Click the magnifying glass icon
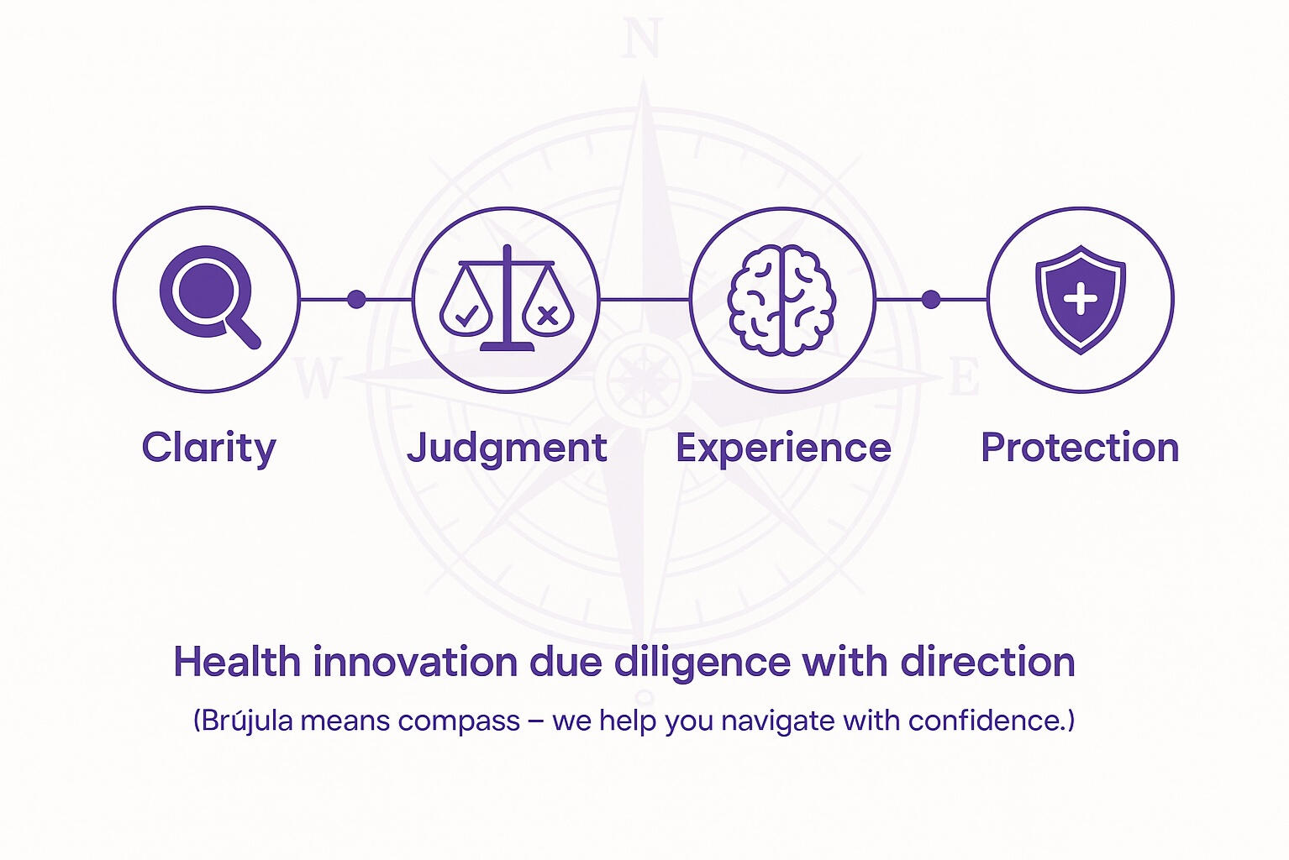208,296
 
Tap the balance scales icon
507,298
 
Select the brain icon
781,300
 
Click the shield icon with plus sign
1081,300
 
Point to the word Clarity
209,448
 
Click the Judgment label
507,448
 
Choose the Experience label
783,448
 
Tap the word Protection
1080,448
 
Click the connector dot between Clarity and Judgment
356,299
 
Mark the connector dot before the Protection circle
930,299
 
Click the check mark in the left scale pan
466,316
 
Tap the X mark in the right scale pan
548,316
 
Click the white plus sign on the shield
1080,298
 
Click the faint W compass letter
316,377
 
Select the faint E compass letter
964,376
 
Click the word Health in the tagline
237,662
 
